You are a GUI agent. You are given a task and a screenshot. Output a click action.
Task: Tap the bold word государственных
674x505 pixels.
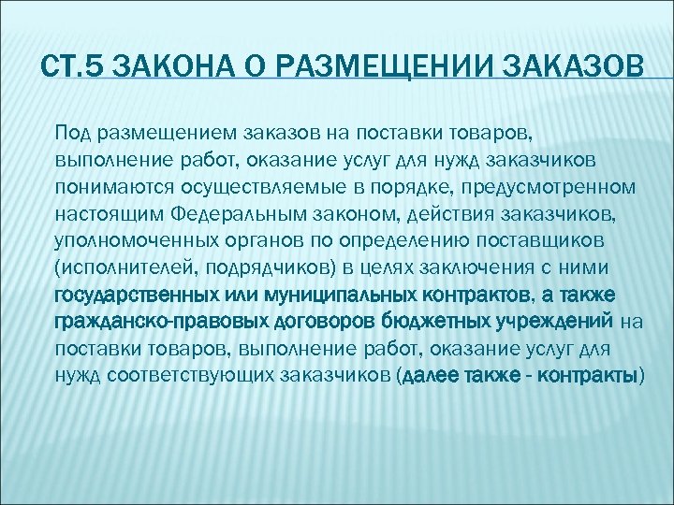pos(122,296)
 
